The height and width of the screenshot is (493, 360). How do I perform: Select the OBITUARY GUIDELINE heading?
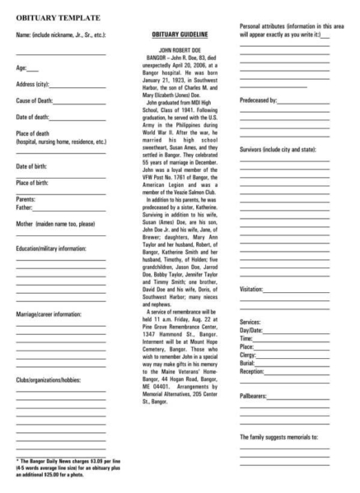[180, 35]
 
